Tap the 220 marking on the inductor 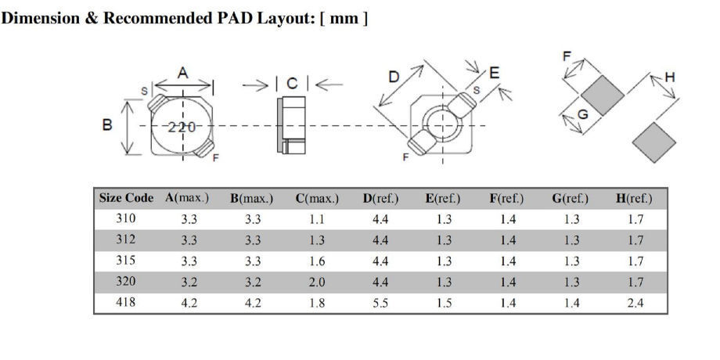coord(182,126)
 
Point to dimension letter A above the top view coord(182,73)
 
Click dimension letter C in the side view coord(292,83)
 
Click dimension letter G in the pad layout coord(582,114)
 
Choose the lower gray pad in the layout coord(653,142)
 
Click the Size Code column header coord(127,199)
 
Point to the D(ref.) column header coord(380,199)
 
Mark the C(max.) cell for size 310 coord(316,220)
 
